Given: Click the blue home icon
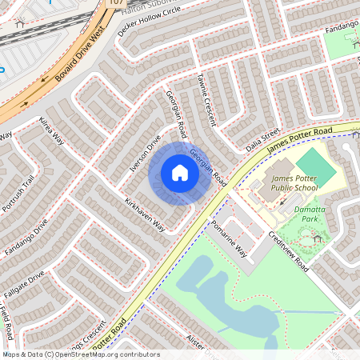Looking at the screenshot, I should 180,173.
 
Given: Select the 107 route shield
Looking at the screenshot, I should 117,3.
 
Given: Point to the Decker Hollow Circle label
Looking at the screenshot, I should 150,25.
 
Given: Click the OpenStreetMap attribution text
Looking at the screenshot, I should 81,354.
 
